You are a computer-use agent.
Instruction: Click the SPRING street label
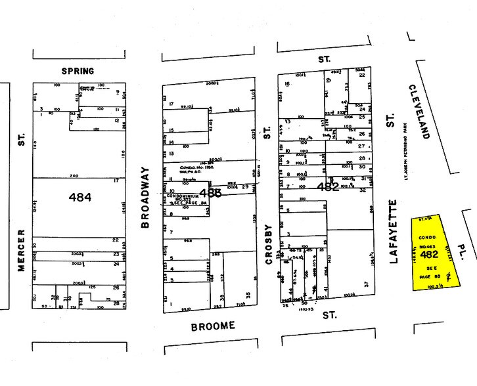click(78, 71)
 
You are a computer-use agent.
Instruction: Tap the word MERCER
click(22, 255)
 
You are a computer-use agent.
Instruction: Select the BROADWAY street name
click(145, 197)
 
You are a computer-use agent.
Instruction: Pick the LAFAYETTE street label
click(394, 230)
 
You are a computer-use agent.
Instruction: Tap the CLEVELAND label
click(419, 112)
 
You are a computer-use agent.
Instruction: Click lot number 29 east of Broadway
click(244, 188)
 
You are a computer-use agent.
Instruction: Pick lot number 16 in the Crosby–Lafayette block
click(287, 84)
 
